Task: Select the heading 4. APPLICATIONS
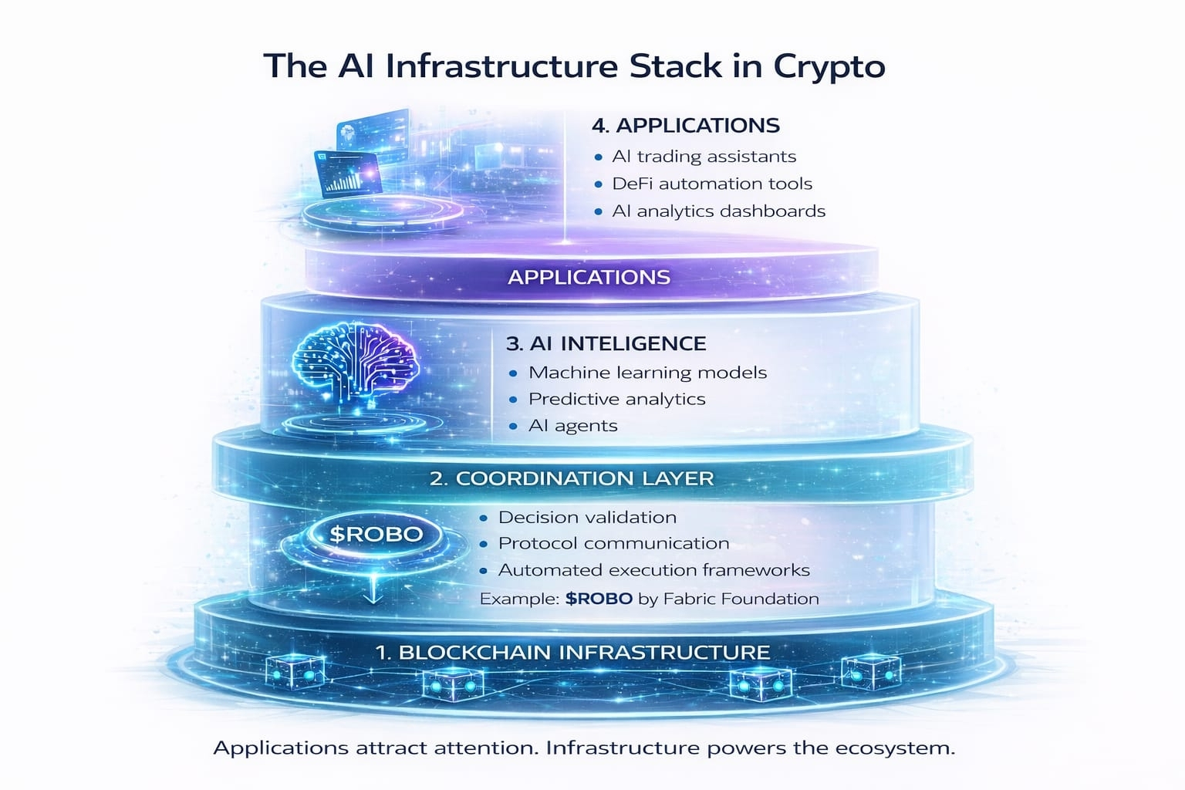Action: [685, 125]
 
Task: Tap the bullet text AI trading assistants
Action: [704, 157]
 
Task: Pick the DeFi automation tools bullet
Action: [711, 184]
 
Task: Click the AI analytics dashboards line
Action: [718, 211]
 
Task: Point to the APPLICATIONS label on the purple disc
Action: [589, 277]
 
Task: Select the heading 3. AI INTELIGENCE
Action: [606, 343]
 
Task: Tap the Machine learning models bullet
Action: [647, 373]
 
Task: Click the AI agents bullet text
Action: [572, 426]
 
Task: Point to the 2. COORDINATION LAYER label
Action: [572, 478]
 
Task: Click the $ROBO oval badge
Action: [376, 534]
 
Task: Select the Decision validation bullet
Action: [587, 517]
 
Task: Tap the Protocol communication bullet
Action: [613, 543]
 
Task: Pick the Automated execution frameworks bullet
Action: [653, 570]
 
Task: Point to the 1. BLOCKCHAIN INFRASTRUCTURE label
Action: [572, 652]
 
